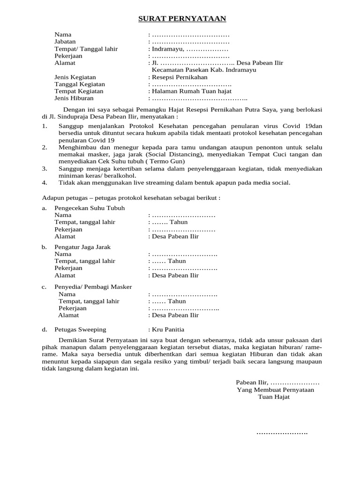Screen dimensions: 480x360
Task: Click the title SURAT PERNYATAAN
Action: (182, 19)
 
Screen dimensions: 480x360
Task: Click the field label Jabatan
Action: (65, 42)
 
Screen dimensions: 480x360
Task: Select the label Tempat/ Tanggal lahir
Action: (86, 49)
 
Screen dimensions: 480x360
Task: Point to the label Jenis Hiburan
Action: (74, 98)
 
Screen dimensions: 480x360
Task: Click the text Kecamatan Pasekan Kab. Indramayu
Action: (204, 70)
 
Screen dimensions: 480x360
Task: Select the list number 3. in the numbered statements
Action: (45, 168)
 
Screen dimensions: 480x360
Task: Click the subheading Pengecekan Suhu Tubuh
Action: (90, 208)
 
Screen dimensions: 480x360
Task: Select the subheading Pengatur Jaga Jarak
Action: (82, 247)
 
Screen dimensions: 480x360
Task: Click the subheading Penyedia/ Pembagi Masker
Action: (93, 287)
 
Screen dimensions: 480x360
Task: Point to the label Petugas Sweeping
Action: (80, 330)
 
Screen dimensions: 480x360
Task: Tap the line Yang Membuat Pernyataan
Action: (276, 390)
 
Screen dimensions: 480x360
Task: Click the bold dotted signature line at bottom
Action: (282, 433)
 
